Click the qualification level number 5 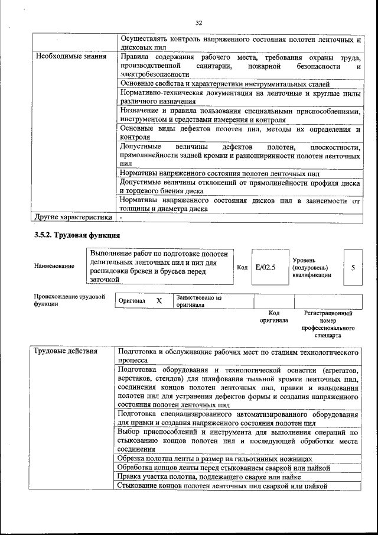[353, 267]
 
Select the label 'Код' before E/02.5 [242, 267]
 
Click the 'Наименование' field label [54, 266]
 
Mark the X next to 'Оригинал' [159, 301]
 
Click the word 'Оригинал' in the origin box [132, 301]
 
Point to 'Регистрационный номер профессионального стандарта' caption [328, 323]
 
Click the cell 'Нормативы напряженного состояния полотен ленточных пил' [219, 174]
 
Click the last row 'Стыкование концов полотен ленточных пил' [221, 486]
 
